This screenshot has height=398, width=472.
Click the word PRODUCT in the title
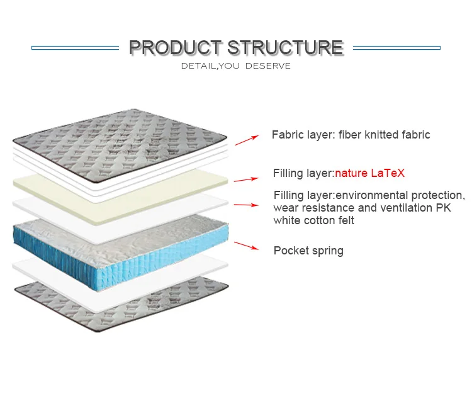coord(176,48)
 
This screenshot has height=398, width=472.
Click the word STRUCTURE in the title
coord(285,48)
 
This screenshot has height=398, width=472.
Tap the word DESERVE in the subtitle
coord(268,66)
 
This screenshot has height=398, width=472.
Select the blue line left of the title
coord(76,48)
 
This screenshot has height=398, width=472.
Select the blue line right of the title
coord(396,48)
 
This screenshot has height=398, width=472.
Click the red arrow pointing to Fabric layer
coord(247,140)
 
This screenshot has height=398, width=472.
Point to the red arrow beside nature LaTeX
coord(246,179)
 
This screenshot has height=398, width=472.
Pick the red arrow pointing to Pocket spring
coord(246,246)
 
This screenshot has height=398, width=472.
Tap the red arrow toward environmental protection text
coord(246,205)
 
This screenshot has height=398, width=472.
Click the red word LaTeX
coord(388,173)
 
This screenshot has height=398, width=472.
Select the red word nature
coord(351,174)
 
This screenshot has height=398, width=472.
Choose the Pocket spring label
coord(308,251)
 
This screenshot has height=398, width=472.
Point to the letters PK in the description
coord(444,208)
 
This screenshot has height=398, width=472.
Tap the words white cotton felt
coord(313,220)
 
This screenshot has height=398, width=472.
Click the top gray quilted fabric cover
coord(120,145)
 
